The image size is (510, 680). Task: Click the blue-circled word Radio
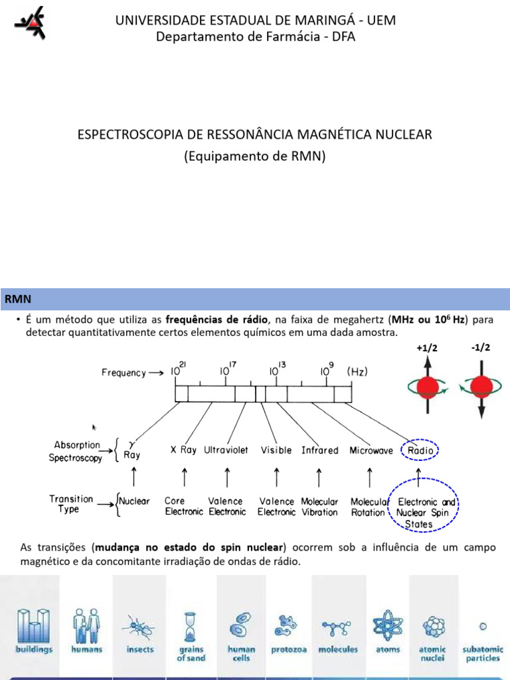[420, 450]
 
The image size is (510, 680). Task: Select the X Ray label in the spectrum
[183, 450]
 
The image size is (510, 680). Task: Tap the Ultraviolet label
[226, 450]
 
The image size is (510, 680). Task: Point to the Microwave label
[369, 450]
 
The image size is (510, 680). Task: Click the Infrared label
[319, 450]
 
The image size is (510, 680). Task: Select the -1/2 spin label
[480, 347]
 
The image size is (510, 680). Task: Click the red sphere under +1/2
[428, 387]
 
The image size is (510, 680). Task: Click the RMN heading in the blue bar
[18, 299]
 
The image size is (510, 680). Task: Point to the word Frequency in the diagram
[124, 373]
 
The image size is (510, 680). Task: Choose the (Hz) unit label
[358, 373]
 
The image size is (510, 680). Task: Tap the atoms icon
[388, 626]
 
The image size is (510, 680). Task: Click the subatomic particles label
[483, 653]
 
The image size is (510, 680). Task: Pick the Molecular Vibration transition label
[319, 507]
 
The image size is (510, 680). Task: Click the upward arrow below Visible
[276, 477]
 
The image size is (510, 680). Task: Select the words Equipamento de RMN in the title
[255, 157]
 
